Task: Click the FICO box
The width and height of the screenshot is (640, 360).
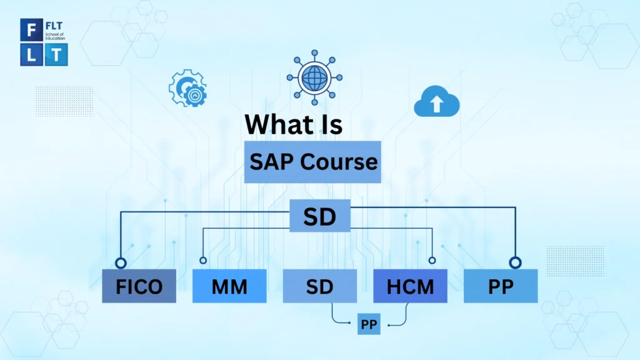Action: [139, 286]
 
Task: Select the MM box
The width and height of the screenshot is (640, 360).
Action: [229, 286]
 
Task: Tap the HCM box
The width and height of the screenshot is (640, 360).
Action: [410, 286]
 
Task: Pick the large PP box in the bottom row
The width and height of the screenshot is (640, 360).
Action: [500, 286]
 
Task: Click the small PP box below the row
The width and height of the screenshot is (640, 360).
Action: [369, 324]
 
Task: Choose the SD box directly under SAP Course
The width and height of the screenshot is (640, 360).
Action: [319, 216]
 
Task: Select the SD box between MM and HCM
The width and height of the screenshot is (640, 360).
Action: [319, 286]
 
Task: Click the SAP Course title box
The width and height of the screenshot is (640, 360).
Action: [312, 162]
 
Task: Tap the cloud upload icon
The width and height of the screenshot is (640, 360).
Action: [436, 102]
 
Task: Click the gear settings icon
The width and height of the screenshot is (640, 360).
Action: [187, 89]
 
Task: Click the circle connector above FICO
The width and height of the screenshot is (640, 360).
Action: [121, 262]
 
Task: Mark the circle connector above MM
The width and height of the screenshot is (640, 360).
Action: [202, 261]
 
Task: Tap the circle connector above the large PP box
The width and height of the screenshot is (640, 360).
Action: [514, 262]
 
